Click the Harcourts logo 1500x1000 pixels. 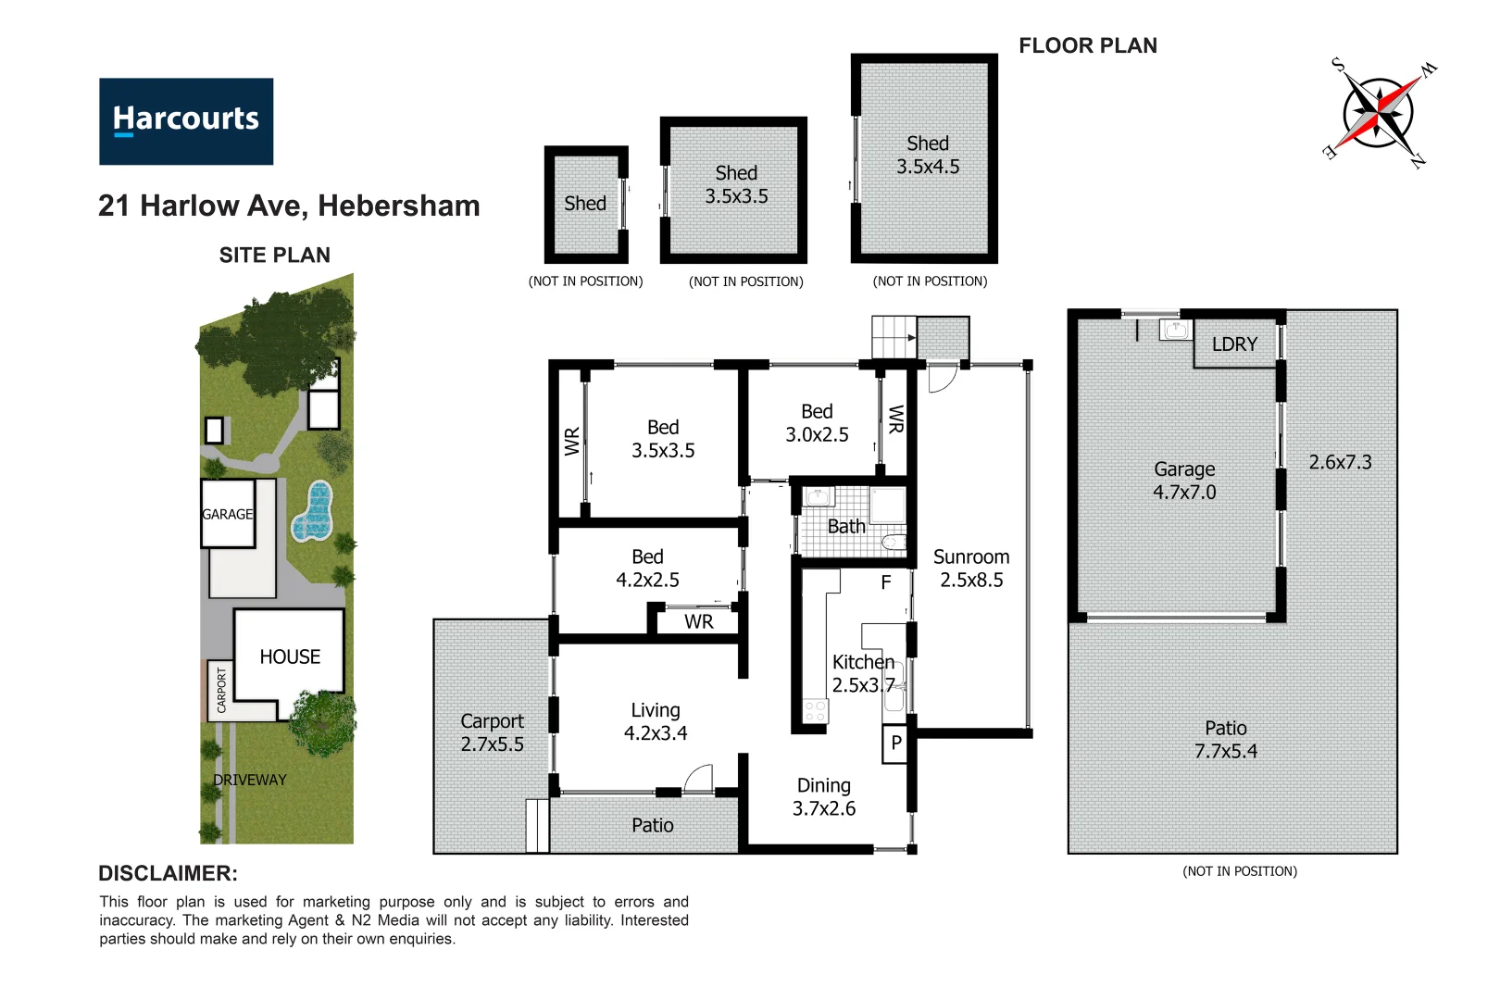click(x=186, y=121)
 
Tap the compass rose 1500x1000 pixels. click(x=1379, y=113)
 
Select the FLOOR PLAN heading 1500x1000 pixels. click(x=1087, y=46)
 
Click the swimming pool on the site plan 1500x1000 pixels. click(x=314, y=512)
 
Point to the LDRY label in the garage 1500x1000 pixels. click(x=1234, y=344)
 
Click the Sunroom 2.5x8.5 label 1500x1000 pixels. click(x=971, y=569)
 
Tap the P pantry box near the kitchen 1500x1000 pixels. click(x=895, y=744)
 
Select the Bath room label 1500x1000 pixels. click(x=845, y=527)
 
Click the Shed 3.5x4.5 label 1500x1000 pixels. click(x=927, y=156)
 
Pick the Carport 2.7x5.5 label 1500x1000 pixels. click(x=492, y=732)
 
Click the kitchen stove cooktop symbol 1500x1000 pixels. click(x=815, y=711)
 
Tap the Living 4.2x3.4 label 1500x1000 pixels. click(x=655, y=721)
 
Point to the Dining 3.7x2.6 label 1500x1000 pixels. click(x=823, y=797)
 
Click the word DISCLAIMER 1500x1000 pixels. click(x=168, y=873)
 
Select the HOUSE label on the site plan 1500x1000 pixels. click(x=290, y=656)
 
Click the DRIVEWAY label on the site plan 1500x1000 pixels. click(x=250, y=780)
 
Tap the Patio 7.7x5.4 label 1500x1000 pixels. click(x=1225, y=740)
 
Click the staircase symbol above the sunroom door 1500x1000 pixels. click(x=894, y=337)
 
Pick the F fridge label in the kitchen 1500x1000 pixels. click(x=886, y=582)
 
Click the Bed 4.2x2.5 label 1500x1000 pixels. click(x=647, y=569)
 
